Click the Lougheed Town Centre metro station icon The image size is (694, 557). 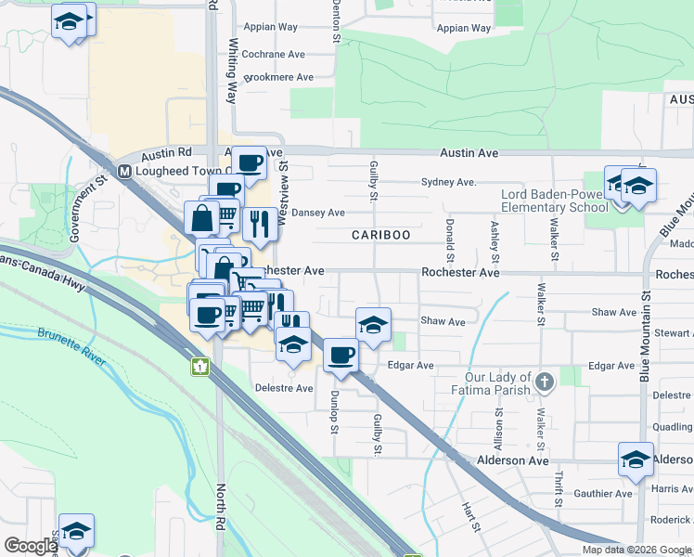point(124,171)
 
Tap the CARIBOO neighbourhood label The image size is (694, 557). point(380,235)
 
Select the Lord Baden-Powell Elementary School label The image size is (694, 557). point(554,201)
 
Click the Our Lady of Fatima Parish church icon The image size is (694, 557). point(545,381)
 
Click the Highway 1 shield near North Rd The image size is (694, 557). point(200,366)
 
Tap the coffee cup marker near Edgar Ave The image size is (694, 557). point(341,355)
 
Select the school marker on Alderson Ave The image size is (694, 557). point(636,459)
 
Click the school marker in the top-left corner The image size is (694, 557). point(70,19)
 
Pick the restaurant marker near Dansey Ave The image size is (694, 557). point(259,223)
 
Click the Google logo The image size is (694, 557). point(31,546)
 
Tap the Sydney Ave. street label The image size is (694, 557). point(448,182)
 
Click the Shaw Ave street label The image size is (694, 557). point(443,321)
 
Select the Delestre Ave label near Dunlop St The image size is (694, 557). point(284,388)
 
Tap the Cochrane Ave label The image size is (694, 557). point(273,55)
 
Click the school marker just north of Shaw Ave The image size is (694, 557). point(373,324)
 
